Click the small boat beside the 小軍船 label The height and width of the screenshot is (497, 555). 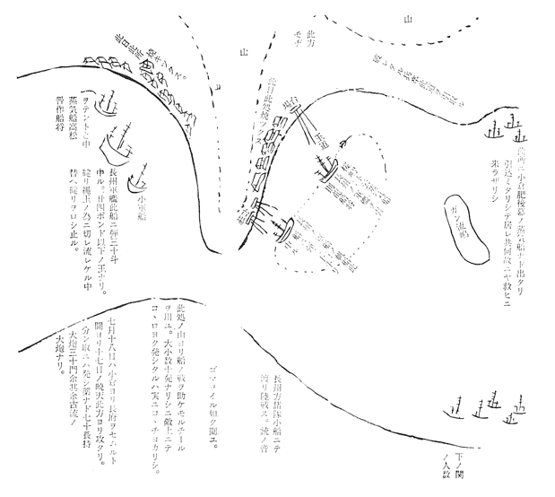(x=138, y=179)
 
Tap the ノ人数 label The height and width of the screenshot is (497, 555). (x=523, y=459)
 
